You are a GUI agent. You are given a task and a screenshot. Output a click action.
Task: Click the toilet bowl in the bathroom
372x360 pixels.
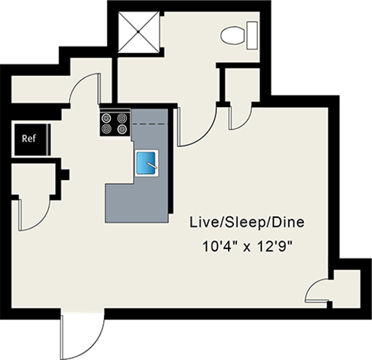point(232,36)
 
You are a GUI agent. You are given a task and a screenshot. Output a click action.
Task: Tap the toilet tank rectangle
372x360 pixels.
point(252,36)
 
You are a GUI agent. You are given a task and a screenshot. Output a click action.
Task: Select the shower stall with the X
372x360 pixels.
point(138,32)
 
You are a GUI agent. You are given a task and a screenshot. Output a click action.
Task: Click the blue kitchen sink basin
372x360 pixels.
point(146,163)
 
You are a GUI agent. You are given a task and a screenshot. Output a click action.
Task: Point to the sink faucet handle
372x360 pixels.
point(152,165)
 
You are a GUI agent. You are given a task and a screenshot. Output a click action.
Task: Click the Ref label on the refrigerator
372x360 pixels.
point(29,139)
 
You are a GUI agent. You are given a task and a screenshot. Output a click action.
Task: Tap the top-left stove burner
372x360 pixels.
point(106,118)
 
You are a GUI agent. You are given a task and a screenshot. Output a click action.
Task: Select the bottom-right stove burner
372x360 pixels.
point(122,129)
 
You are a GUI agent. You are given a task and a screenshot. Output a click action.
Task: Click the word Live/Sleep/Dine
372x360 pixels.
point(247,223)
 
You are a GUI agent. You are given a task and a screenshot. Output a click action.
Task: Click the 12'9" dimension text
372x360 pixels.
point(274,247)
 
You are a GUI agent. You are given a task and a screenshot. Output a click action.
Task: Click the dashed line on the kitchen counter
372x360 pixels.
point(150,124)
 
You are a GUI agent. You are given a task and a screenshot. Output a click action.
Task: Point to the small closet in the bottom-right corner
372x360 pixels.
point(347,289)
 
